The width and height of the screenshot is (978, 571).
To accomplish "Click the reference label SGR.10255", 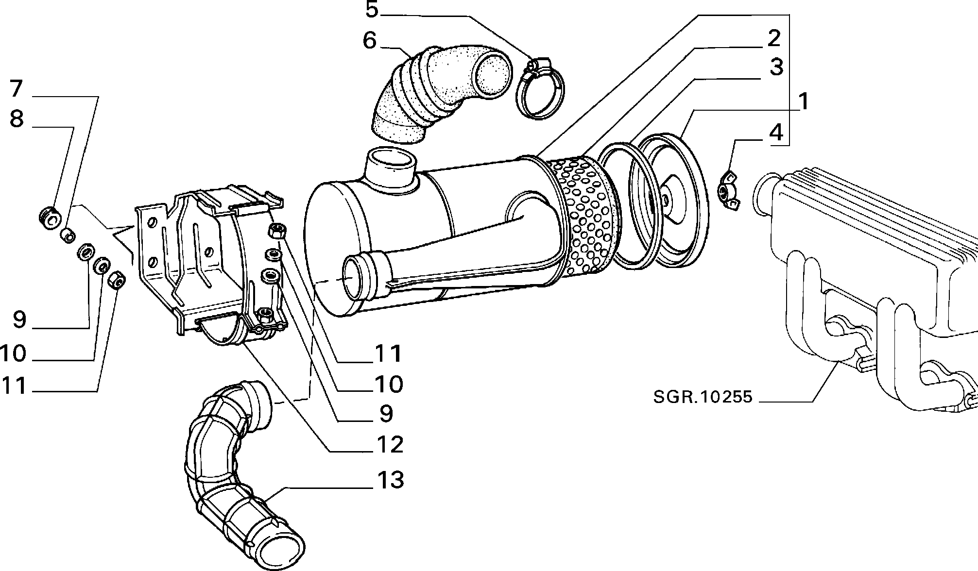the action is [x=703, y=397].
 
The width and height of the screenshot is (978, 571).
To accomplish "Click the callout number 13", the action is [x=390, y=480].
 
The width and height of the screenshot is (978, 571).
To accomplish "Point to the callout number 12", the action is [x=390, y=444].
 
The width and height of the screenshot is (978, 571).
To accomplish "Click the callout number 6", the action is [x=370, y=41].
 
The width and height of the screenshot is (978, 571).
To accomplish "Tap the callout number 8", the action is [x=17, y=118].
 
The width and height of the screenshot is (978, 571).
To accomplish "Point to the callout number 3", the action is [x=776, y=67].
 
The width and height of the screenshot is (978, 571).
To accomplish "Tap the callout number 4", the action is [x=776, y=131].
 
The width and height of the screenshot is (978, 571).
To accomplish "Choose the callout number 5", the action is [x=372, y=9].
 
